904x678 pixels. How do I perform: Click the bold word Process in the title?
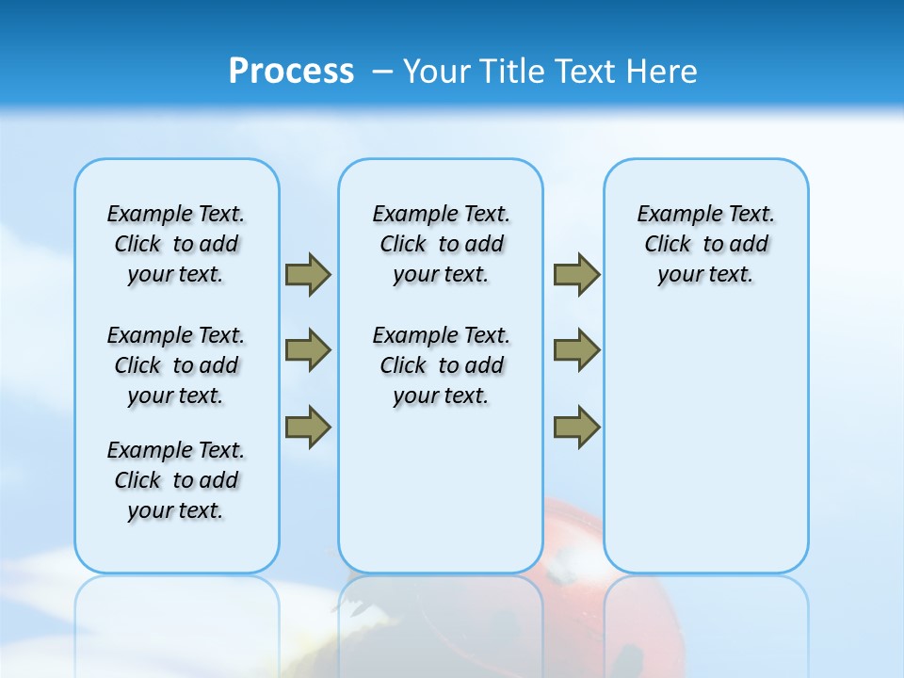pos(291,72)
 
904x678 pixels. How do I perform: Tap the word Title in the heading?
pos(513,72)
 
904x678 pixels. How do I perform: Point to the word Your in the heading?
pos(439,72)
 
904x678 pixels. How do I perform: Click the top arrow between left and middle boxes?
pos(308,275)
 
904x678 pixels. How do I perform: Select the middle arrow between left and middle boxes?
pos(308,350)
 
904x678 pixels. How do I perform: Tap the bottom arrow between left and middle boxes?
pos(308,426)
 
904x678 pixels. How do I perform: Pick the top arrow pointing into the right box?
pos(576,275)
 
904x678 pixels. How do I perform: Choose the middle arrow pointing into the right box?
pos(576,350)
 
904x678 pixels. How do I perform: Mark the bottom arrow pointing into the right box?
pos(576,426)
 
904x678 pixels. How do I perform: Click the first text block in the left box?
pos(176,244)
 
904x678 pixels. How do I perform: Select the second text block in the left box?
pos(176,365)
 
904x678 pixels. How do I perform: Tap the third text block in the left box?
pos(176,480)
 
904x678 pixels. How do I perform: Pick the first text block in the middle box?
pos(441,244)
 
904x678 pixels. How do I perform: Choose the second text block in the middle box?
pos(441,365)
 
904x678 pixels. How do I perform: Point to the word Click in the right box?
pos(668,245)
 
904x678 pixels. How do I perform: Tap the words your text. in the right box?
pos(705,275)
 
